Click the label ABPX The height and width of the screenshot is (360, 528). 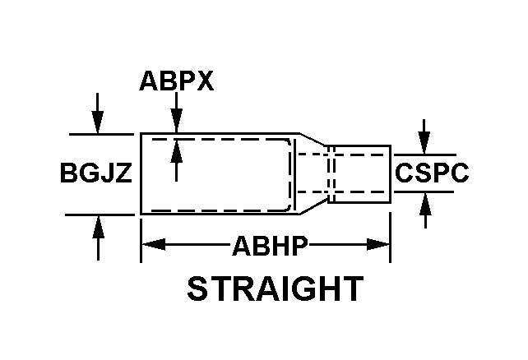pos(176,81)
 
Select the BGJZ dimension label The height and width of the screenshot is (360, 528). pos(95,174)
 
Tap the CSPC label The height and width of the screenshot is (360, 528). pos(432,173)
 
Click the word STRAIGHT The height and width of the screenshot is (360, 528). pos(275,288)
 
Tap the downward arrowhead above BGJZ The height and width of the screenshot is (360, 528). pos(98,123)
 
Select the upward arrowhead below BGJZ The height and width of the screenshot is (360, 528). pos(98,224)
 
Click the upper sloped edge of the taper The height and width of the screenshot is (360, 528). pos(313,140)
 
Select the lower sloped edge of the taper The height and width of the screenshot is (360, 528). pos(313,208)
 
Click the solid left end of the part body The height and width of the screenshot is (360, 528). pos(141,173)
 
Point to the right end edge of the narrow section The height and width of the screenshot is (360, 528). pos(390,174)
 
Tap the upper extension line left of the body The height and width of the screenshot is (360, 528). pos(100,133)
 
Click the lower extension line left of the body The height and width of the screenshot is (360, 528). pos(100,214)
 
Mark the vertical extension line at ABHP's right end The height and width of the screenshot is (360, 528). pos(390,238)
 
